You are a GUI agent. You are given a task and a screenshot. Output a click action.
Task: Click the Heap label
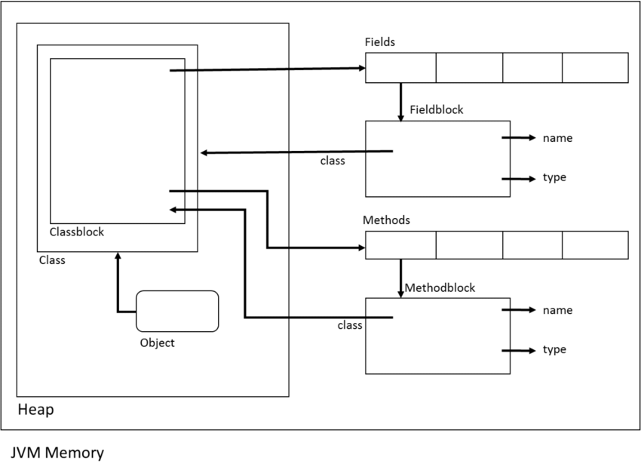point(35,410)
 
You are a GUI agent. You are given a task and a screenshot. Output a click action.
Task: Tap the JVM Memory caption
point(57,453)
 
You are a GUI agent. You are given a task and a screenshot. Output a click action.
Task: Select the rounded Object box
point(177,311)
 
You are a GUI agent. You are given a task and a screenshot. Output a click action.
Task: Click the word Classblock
point(77,232)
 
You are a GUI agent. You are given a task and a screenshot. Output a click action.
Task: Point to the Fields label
point(379,42)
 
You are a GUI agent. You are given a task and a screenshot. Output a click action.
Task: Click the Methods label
point(387,220)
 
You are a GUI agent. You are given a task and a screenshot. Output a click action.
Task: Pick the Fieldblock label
point(437,110)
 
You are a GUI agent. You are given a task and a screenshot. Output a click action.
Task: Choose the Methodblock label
point(440,288)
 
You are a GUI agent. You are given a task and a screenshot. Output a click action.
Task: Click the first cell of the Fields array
point(400,68)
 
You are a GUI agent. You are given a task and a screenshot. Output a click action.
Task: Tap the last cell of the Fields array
point(595,68)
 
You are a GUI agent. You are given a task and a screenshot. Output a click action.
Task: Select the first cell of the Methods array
point(400,245)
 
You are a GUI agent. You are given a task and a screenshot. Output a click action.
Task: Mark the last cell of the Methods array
point(595,245)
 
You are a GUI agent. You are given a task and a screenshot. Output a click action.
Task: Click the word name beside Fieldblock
point(557,138)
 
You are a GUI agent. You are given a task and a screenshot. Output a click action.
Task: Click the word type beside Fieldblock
point(554,178)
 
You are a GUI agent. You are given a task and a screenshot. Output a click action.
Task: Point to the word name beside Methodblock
point(557,310)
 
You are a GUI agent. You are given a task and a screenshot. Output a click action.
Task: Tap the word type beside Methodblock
point(554,350)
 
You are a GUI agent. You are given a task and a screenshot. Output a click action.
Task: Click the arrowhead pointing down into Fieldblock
point(401,116)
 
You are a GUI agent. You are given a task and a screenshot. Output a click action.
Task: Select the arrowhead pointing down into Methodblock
point(401,293)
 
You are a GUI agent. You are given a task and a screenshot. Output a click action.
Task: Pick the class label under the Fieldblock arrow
point(333,161)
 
